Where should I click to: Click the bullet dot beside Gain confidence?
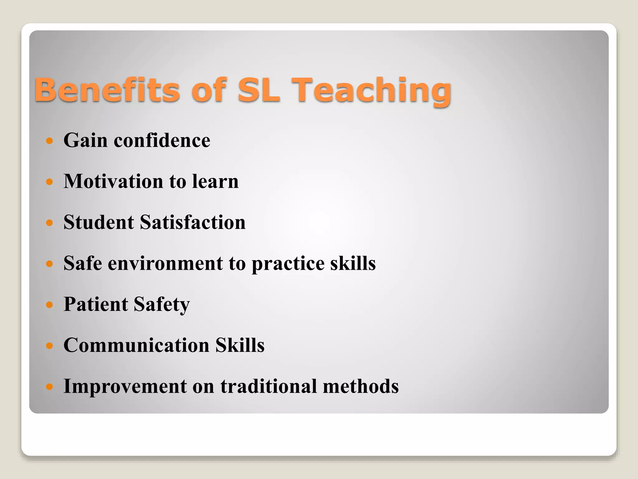[49, 141]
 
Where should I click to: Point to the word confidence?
[162, 140]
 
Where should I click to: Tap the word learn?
[215, 181]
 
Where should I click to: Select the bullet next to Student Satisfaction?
[49, 223]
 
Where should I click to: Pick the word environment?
[165, 264]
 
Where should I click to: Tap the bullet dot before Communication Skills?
[49, 346]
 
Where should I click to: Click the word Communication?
[136, 345]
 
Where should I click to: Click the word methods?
[361, 386]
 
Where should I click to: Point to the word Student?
[99, 222]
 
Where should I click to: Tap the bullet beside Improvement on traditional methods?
[49, 387]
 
